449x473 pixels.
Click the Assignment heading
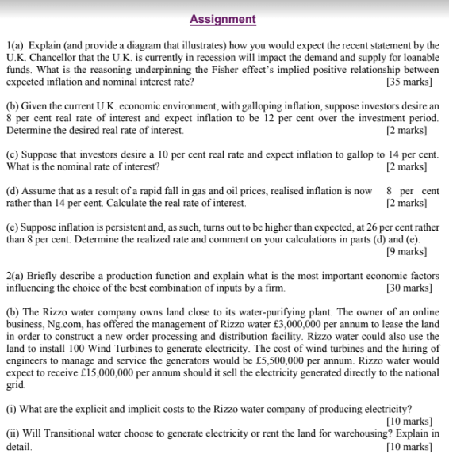(x=223, y=19)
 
